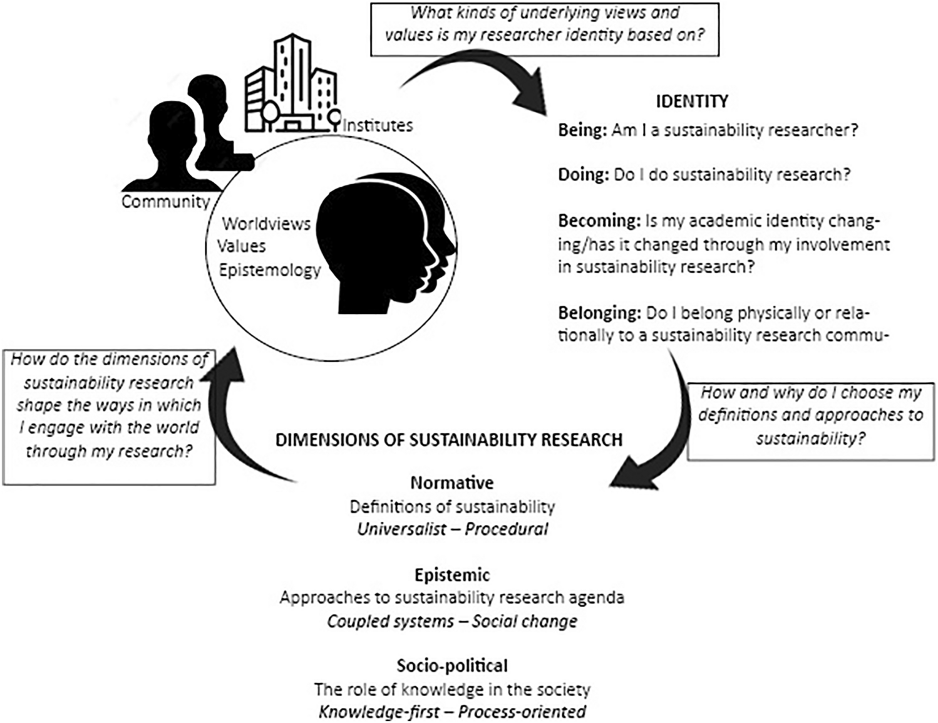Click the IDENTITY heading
coord(692,101)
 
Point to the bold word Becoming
coord(597,221)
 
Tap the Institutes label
coord(378,125)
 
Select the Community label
coord(165,202)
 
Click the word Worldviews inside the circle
coord(266,224)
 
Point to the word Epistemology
coord(269,271)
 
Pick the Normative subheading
coord(452,482)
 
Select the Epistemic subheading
coord(452,575)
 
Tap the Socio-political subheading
coord(452,665)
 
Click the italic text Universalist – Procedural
coord(452,529)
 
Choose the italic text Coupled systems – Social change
coord(452,622)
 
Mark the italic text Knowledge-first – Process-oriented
coord(452,712)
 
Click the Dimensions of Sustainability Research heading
coord(449,440)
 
